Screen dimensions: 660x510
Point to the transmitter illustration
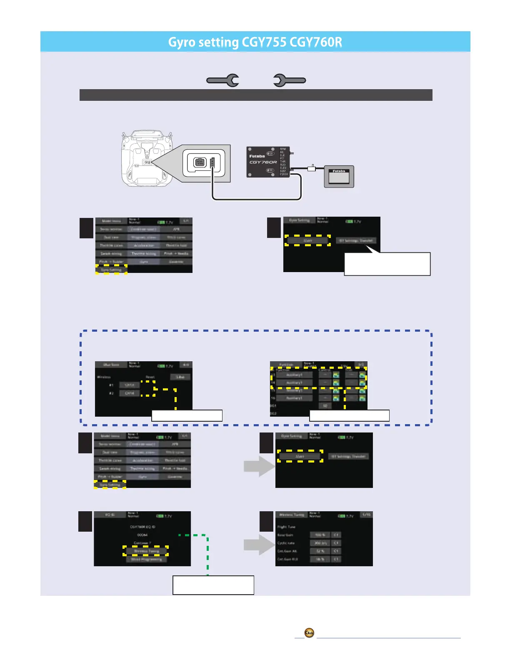click(147, 158)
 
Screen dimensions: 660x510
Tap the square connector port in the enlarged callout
click(200, 162)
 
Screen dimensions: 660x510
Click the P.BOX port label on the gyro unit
click(284, 174)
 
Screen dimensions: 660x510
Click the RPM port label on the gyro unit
click(283, 149)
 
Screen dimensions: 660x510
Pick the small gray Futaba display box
click(339, 177)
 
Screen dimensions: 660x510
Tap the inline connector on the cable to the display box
click(311, 169)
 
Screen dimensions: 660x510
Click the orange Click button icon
click(309, 633)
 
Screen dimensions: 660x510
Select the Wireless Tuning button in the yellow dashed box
click(146, 551)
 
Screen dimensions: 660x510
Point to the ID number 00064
click(142, 535)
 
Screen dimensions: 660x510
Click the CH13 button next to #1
click(130, 385)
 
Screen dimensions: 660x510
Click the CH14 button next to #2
click(130, 393)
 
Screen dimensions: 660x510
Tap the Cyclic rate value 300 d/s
click(320, 543)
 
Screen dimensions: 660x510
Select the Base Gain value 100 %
click(320, 535)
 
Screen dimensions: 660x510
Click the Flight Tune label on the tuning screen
click(286, 527)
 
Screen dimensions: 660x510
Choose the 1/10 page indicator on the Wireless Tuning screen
click(366, 515)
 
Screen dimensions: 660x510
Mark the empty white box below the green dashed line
click(213, 585)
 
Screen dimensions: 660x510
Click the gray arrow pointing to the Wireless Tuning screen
click(258, 545)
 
